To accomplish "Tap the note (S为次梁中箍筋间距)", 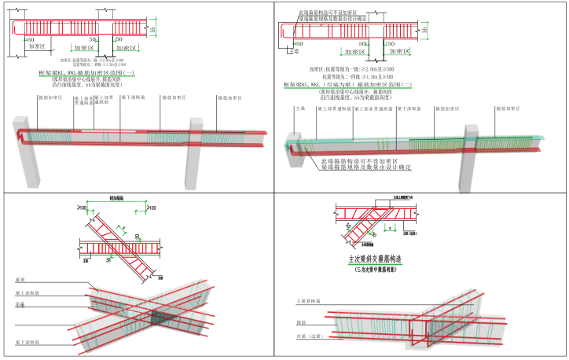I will pyautogui.click(x=378, y=269).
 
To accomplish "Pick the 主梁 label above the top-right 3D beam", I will pyautogui.click(x=298, y=110).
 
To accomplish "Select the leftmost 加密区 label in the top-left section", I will pyautogui.click(x=37, y=46).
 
